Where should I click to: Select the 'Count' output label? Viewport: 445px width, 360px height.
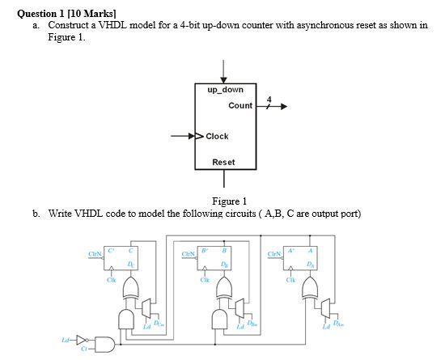pyautogui.click(x=240, y=106)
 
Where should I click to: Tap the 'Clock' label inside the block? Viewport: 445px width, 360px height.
pyautogui.click(x=217, y=136)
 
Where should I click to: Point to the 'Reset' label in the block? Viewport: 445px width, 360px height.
pyautogui.click(x=223, y=163)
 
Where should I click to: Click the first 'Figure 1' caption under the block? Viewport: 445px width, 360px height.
pyautogui.click(x=229, y=201)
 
